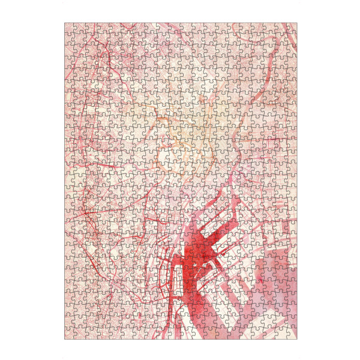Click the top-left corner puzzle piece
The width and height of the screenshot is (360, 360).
[68, 27]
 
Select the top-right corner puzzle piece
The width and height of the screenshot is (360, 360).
[292, 27]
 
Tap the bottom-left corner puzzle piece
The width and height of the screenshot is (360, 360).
[68, 335]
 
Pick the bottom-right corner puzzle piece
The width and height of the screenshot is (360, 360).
[292, 335]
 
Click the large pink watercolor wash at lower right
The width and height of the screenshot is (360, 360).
[270, 288]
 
